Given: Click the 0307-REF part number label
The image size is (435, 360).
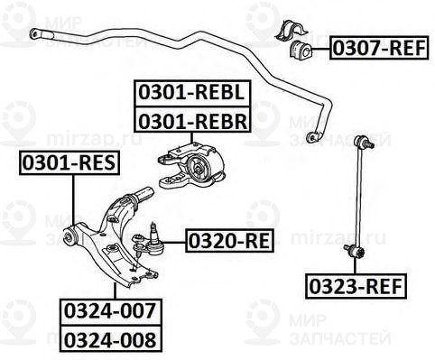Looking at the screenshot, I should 377,47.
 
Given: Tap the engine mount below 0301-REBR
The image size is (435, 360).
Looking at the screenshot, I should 194,167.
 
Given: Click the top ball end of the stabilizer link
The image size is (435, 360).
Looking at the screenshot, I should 365,142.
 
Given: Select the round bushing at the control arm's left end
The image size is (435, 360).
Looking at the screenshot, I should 69,237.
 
